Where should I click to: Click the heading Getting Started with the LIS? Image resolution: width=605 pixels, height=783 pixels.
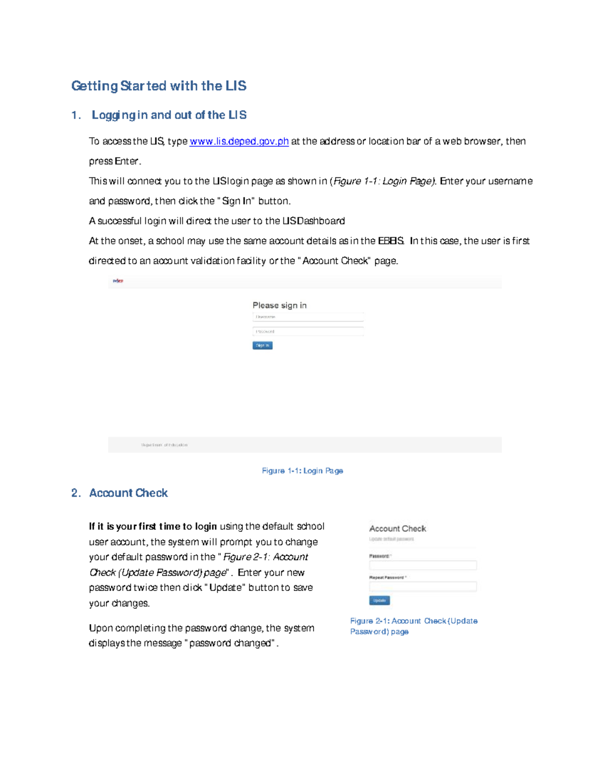pos(158,86)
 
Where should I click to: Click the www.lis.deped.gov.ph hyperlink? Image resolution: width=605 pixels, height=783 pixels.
pos(239,142)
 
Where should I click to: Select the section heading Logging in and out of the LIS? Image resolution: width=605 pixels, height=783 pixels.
pos(169,115)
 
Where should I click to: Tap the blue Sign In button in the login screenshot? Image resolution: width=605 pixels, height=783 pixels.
pos(262,346)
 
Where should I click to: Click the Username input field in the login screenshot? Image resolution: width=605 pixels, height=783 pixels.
pos(308,317)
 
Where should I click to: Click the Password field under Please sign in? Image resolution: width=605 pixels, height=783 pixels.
pos(308,332)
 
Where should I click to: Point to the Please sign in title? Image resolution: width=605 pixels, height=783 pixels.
pos(279,306)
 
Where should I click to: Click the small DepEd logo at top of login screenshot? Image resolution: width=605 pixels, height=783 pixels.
pos(118,281)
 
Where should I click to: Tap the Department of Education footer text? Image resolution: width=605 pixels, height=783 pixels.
pos(164,445)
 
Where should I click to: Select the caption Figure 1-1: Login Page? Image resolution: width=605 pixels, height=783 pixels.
pos(302,471)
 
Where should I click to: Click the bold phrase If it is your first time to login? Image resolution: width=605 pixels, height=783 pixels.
pos(153,526)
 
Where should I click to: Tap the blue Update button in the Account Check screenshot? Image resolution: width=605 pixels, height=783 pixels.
pos(379,600)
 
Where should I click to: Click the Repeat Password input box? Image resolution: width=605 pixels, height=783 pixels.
pos(422,587)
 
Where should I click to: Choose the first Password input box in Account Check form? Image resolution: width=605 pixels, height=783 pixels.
pos(422,566)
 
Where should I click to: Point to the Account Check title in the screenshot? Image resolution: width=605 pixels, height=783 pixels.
pos(397,529)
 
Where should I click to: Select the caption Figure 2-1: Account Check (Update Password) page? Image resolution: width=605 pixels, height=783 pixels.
pos(413,626)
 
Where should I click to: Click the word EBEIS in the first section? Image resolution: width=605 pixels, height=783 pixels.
pos(391,241)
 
